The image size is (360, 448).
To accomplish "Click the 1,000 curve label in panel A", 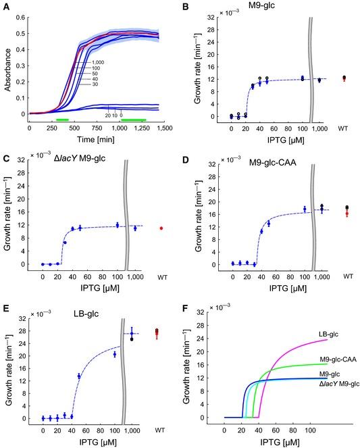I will pyautogui.click(x=98, y=62).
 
